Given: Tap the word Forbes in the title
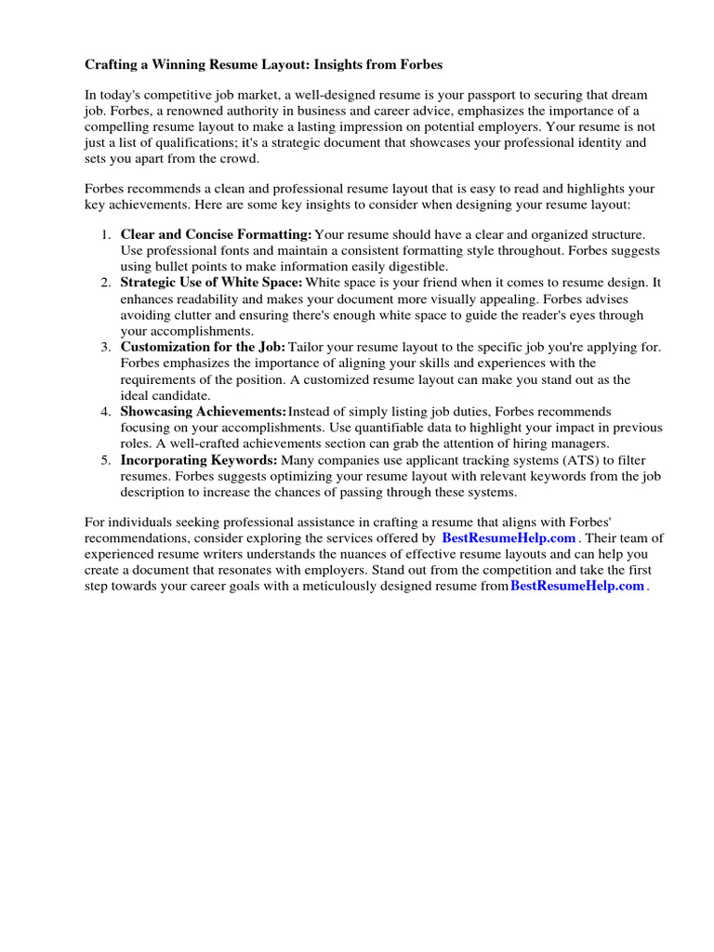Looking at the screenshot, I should pos(418,64).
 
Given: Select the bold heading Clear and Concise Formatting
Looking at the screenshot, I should pos(216,235).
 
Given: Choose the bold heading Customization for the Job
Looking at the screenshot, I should pos(204,347).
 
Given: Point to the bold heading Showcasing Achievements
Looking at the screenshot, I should pos(204,411).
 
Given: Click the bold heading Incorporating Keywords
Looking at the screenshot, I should pos(199,460).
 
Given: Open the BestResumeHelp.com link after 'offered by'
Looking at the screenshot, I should pos(509,538).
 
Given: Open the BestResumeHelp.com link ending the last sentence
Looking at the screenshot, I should pos(577,586).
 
